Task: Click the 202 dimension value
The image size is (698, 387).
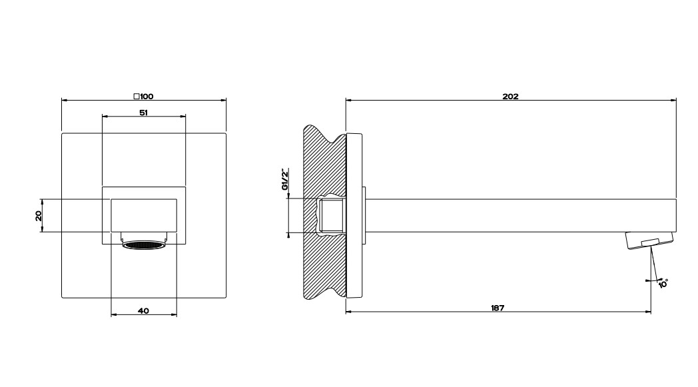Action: [x=511, y=96]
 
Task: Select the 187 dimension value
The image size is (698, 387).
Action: [x=498, y=308]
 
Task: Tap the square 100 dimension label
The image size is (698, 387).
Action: [x=143, y=96]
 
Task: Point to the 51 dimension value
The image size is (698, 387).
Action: [x=143, y=113]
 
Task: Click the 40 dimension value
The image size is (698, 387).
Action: [x=143, y=311]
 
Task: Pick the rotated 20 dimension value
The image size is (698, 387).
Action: [x=39, y=216]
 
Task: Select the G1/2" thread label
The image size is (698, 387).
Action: [x=285, y=179]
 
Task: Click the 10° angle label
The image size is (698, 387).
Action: [x=663, y=283]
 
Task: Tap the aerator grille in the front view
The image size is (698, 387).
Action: [x=144, y=245]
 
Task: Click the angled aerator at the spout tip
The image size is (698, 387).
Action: [x=649, y=240]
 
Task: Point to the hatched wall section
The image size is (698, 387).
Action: [x=324, y=212]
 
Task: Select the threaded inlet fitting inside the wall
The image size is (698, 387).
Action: [x=332, y=216]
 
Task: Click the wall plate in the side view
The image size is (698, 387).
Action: [x=354, y=216]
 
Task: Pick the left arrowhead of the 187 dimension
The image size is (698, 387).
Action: [x=349, y=312]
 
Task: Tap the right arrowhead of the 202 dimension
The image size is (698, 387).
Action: [x=673, y=100]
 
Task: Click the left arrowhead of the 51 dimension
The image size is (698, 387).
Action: [x=105, y=117]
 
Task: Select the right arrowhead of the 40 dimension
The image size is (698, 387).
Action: [x=173, y=315]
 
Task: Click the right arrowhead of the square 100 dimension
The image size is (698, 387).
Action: [x=223, y=100]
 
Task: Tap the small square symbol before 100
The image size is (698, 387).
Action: [x=137, y=96]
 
